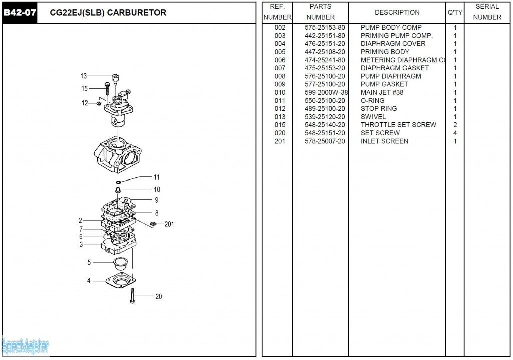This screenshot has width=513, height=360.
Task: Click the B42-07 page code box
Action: tap(20, 13)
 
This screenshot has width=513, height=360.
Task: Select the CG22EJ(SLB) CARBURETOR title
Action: tap(108, 13)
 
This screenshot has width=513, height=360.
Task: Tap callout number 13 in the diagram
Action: tap(84, 76)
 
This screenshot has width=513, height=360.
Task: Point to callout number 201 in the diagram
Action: tap(169, 224)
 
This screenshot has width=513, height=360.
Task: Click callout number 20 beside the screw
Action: tap(158, 297)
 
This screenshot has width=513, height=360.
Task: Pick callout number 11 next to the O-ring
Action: tap(157, 177)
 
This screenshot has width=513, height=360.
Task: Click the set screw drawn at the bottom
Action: tap(133, 296)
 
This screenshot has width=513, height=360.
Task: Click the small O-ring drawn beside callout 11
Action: tap(119, 182)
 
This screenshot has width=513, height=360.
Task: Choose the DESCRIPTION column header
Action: tap(397, 12)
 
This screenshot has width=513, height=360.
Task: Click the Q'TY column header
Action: tap(455, 12)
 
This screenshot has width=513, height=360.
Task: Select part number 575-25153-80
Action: tap(325, 28)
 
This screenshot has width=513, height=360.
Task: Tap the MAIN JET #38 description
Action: tap(382, 93)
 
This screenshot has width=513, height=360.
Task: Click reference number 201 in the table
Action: tap(280, 141)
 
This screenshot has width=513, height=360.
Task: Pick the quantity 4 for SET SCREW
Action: tap(455, 133)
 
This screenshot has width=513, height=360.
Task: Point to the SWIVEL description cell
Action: tap(373, 117)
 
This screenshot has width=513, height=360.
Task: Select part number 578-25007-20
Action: tap(325, 141)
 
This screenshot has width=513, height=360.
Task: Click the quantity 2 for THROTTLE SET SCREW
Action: tap(455, 125)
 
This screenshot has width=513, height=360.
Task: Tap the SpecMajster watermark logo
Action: tap(25, 345)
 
